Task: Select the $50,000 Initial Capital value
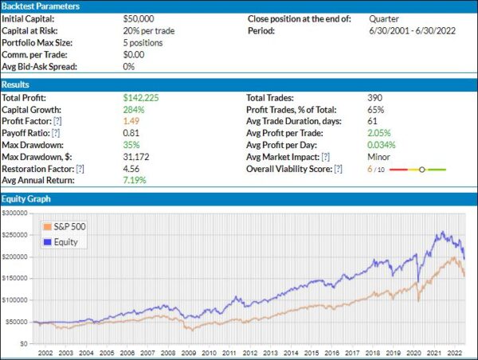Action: pyautogui.click(x=140, y=17)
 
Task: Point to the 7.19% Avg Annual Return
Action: pyautogui.click(x=136, y=182)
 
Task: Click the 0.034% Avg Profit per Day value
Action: pyautogui.click(x=382, y=145)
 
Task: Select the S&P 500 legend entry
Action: pyautogui.click(x=69, y=226)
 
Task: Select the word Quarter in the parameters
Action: pyautogui.click(x=385, y=17)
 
